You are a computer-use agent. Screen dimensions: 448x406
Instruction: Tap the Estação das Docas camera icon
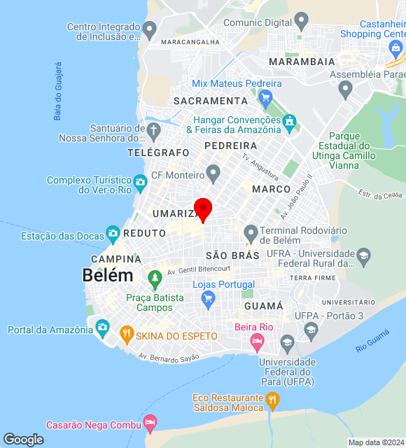click(x=113, y=233)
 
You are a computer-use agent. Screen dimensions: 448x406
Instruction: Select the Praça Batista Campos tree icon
click(x=155, y=280)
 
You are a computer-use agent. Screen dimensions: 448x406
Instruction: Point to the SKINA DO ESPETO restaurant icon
click(x=127, y=334)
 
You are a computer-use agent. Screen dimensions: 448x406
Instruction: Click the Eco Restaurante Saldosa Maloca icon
click(x=272, y=400)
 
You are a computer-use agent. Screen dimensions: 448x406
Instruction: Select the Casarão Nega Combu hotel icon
click(x=150, y=423)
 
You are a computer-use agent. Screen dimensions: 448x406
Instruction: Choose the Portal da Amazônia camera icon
click(x=102, y=327)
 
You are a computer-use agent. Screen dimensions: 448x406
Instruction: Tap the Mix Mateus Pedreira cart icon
click(x=265, y=99)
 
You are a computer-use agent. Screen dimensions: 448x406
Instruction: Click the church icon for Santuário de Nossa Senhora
click(x=154, y=130)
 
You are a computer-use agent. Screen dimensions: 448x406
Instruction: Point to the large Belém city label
click(x=108, y=275)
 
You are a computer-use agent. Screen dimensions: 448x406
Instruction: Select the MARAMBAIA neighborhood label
click(x=302, y=62)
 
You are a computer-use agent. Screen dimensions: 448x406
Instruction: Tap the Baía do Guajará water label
click(x=58, y=92)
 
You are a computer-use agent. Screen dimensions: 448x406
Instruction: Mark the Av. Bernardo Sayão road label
click(x=169, y=357)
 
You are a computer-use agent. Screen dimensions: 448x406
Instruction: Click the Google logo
click(x=23, y=439)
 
